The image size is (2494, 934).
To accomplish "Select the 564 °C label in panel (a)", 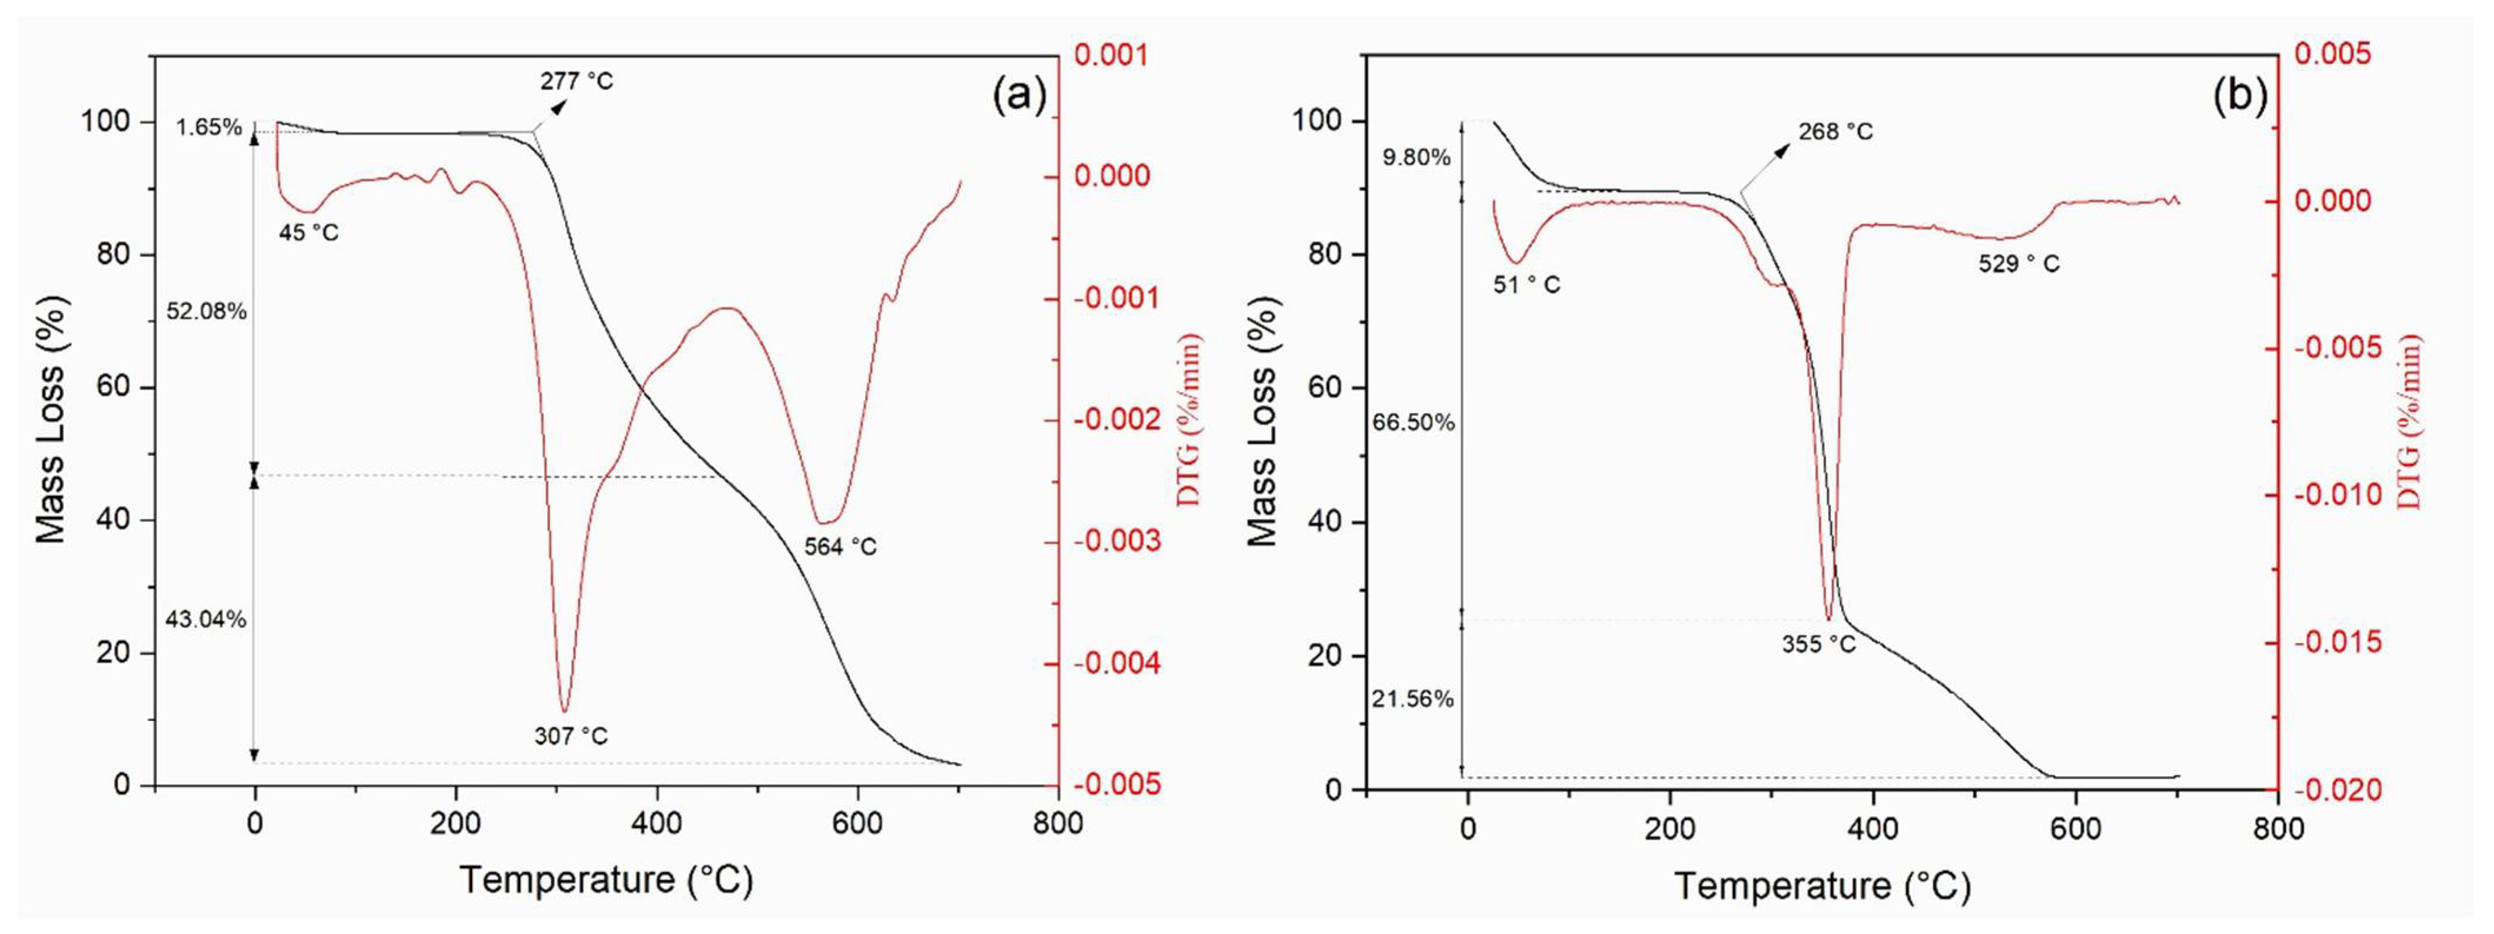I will [839, 547].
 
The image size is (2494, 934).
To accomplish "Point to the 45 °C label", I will [309, 232].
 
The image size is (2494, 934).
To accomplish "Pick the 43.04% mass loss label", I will [205, 620].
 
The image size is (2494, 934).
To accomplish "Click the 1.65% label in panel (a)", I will [208, 127].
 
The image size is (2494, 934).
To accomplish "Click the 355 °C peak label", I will [1818, 644].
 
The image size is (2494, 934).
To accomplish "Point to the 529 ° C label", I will [2019, 263].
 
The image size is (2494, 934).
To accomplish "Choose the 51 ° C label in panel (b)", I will [1526, 285].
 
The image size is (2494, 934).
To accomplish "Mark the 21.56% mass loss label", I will [1412, 699].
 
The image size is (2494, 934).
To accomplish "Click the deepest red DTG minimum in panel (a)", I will [564, 712].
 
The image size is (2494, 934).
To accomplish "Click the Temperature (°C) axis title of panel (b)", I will [1822, 886].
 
